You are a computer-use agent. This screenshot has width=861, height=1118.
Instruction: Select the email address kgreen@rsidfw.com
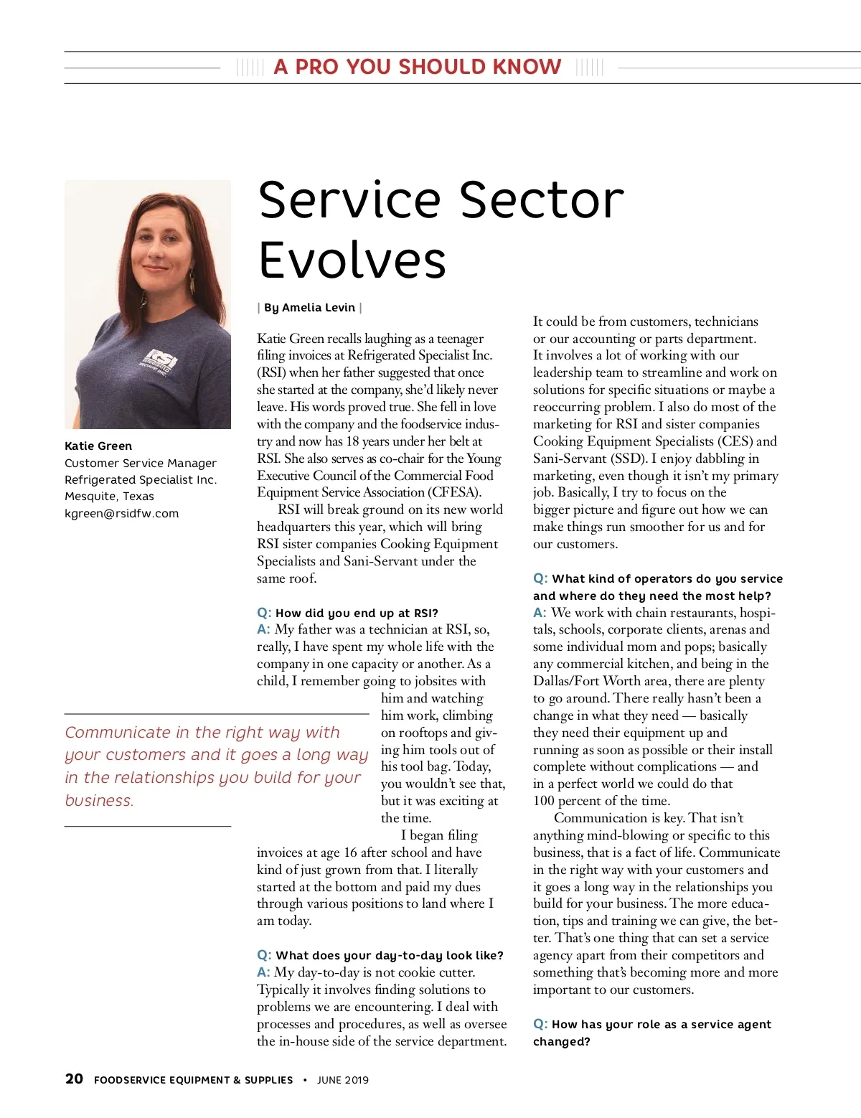(122, 514)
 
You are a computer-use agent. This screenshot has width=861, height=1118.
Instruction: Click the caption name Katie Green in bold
(98, 446)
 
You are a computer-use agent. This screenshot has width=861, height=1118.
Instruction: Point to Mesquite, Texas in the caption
(109, 497)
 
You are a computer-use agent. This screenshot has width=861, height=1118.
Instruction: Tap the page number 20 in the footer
(74, 1079)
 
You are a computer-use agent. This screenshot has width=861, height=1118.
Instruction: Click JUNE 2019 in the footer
(343, 1080)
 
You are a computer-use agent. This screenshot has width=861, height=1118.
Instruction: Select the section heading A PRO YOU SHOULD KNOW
(418, 67)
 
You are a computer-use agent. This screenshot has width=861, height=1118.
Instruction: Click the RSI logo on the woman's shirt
(159, 359)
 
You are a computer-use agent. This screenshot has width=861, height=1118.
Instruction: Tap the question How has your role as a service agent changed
(651, 1033)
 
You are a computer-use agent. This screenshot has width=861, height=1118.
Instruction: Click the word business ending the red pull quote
(98, 801)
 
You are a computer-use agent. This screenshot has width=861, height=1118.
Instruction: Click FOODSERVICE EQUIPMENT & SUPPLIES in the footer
(194, 1080)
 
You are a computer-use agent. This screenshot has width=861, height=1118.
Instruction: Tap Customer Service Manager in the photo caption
(141, 464)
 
